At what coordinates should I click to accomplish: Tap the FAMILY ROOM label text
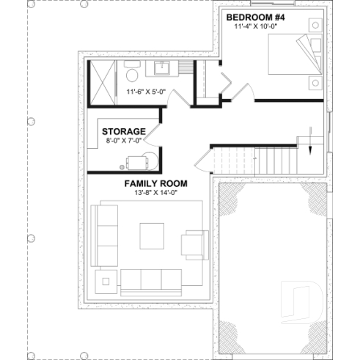[x=155, y=183]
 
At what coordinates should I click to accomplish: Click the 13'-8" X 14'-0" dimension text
[x=155, y=193]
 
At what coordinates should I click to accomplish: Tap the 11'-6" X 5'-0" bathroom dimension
[x=146, y=92]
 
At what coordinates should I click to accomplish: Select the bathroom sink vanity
[x=163, y=70]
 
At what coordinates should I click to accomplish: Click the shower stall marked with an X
[x=101, y=84]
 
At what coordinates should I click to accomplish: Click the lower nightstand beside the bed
[x=315, y=81]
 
